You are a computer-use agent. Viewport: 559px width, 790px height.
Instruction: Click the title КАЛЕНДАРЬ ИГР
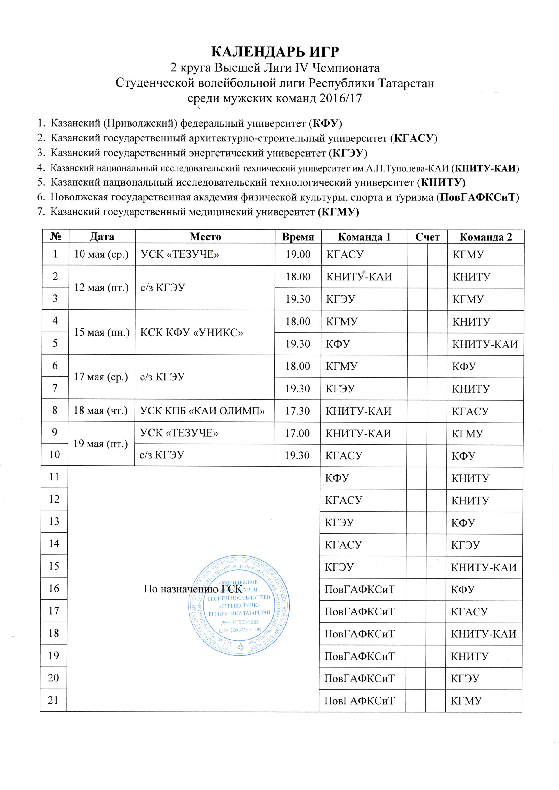click(275, 52)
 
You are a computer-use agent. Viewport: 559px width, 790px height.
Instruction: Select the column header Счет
click(427, 237)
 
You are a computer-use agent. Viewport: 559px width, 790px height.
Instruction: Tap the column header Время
click(298, 237)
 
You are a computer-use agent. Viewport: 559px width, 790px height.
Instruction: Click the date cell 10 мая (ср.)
click(102, 255)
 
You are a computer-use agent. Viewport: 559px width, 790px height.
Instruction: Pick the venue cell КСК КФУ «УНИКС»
click(192, 333)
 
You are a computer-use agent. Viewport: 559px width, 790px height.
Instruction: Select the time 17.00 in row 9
click(298, 433)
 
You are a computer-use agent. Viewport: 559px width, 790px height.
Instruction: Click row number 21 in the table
click(53, 700)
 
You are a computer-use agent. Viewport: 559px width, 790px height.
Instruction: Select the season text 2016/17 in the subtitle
click(341, 99)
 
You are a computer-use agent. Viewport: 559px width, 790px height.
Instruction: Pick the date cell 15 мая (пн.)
click(102, 333)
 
